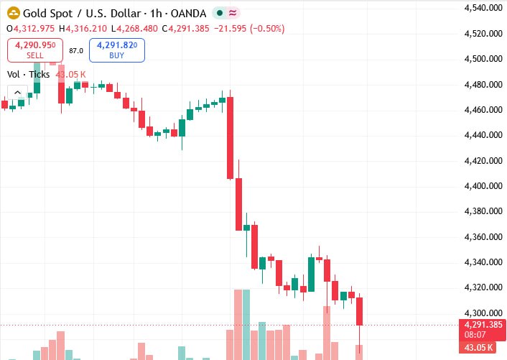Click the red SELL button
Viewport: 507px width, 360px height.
(35, 50)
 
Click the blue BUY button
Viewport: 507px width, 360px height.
(117, 50)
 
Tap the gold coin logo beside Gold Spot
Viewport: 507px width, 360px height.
(14, 13)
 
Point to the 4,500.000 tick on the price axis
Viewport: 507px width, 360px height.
(483, 59)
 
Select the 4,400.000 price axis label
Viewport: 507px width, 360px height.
(483, 186)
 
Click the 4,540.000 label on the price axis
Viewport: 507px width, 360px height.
(483, 8)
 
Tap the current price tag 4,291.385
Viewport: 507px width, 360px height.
(483, 325)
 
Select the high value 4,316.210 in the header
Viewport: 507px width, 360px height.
(86, 29)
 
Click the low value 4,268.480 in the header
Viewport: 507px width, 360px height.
(137, 29)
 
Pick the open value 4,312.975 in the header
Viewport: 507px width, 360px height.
(34, 29)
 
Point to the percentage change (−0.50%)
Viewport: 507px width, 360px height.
(266, 29)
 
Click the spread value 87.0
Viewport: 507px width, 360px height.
(76, 51)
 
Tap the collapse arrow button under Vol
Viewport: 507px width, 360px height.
(17, 93)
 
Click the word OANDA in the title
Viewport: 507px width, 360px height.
(188, 13)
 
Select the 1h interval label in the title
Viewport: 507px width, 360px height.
(156, 13)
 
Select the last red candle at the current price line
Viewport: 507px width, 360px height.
(359, 311)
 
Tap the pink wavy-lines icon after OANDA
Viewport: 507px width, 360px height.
(233, 13)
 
